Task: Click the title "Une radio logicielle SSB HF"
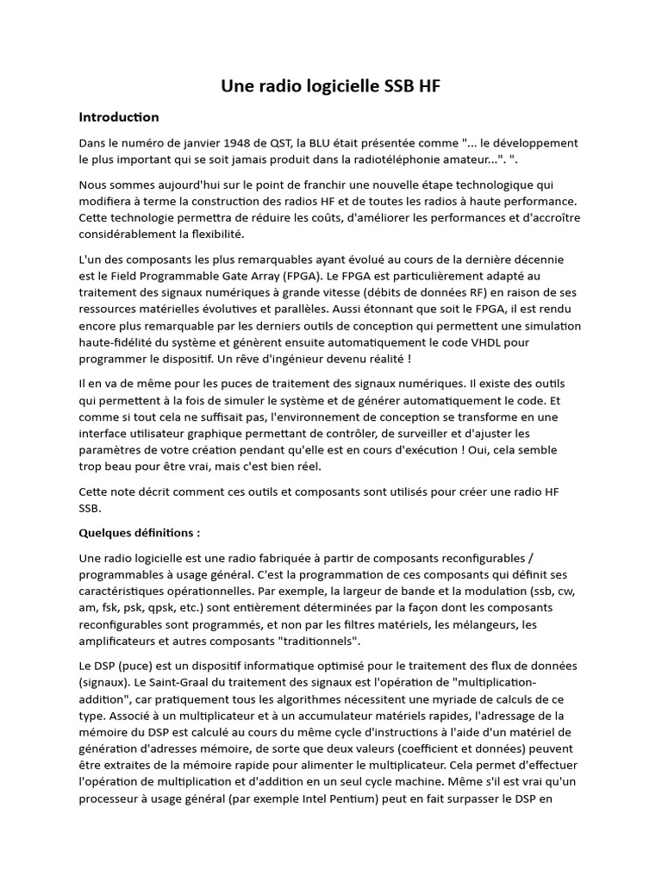[331, 85]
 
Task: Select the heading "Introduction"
[119, 116]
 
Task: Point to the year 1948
[242, 143]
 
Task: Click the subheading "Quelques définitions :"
[139, 533]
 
